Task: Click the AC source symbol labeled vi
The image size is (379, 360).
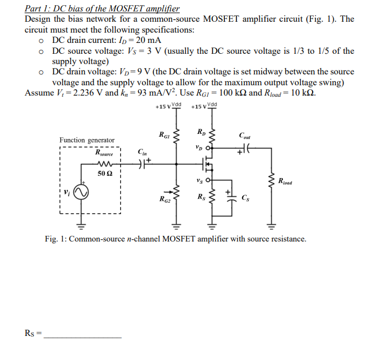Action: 81,194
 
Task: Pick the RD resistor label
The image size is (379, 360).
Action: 200,132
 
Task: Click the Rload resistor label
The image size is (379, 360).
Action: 285,183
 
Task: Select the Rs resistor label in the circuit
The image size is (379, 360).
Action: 200,198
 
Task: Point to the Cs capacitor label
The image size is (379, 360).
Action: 246,199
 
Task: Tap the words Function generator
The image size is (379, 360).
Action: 86,140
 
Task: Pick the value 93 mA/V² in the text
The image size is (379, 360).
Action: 143,93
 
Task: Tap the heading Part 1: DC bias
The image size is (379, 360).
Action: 102,9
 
